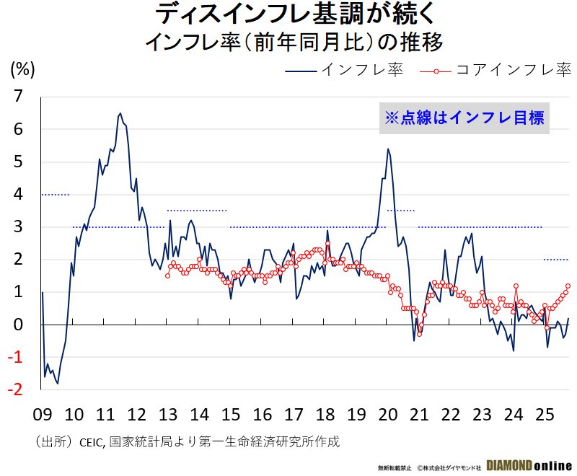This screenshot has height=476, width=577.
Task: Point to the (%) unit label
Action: [22, 69]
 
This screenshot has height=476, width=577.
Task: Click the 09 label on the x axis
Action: [43, 415]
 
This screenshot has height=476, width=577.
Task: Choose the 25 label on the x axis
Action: [545, 415]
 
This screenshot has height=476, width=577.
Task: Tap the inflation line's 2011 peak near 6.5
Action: [120, 113]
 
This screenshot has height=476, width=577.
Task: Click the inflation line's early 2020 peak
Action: [388, 149]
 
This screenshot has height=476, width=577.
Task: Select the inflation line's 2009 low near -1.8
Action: [58, 383]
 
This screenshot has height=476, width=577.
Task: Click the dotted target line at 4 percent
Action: [56, 195]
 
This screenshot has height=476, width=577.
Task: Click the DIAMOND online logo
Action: [529, 465]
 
